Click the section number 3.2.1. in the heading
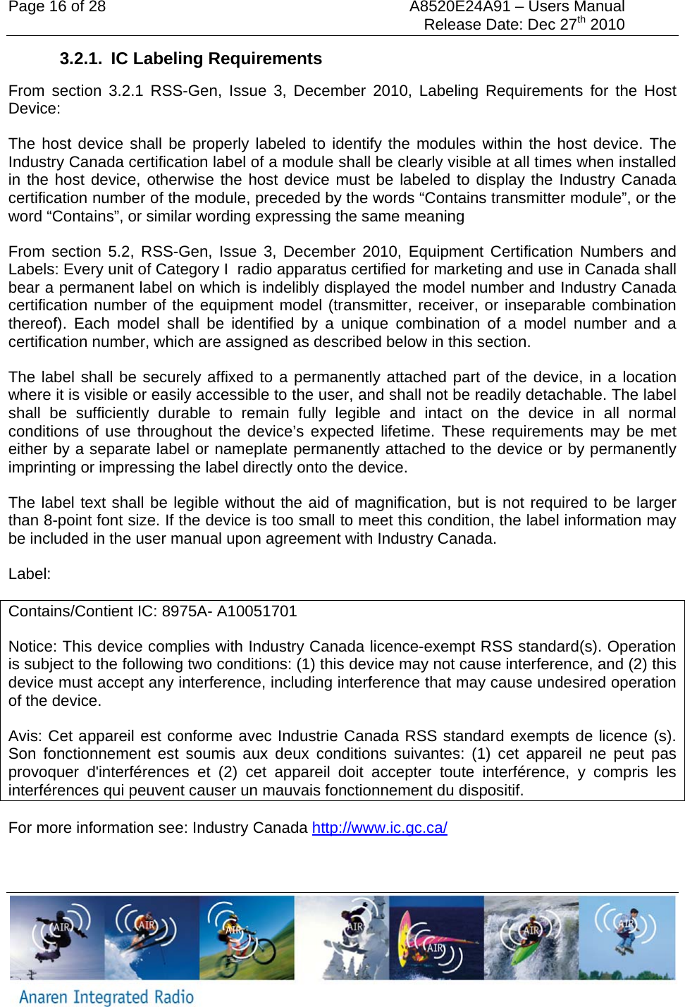pos(80,59)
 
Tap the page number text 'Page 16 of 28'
pos(57,7)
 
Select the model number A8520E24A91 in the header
pos(459,7)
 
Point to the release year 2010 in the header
pos(607,25)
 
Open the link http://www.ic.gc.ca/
pos(379,828)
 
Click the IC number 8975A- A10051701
pos(229,611)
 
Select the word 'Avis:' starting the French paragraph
pos(25,736)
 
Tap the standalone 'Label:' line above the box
pos(30,574)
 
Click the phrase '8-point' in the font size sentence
pos(70,520)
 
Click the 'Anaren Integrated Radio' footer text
pos(106,996)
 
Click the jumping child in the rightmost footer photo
pos(626,931)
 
